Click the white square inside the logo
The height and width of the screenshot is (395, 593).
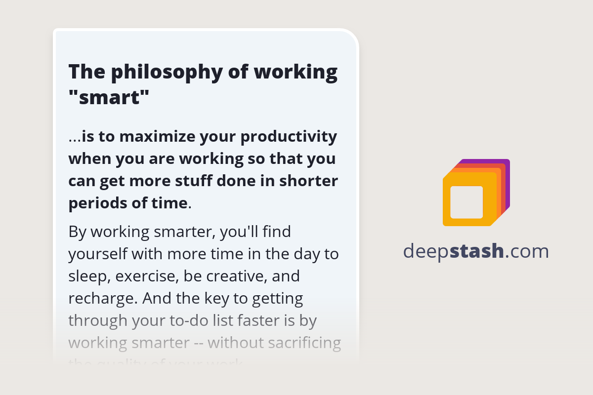click(x=466, y=202)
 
